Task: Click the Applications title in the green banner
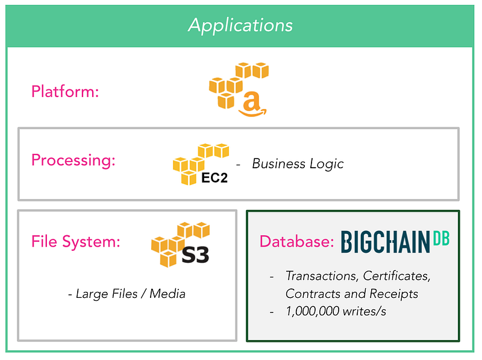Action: pyautogui.click(x=240, y=25)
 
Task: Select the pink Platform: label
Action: pyautogui.click(x=65, y=92)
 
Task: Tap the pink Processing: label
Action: pyautogui.click(x=74, y=160)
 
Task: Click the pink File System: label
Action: pyautogui.click(x=76, y=241)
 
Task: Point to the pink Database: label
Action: pyautogui.click(x=296, y=241)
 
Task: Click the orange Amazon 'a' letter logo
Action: pyautogui.click(x=252, y=104)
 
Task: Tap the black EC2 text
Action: pyautogui.click(x=214, y=178)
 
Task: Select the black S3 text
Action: pyautogui.click(x=195, y=254)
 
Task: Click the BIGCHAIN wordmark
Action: pyautogui.click(x=385, y=242)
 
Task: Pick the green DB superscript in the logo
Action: pyautogui.click(x=442, y=238)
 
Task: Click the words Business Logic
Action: pyautogui.click(x=298, y=163)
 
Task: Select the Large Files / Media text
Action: pyautogui.click(x=127, y=294)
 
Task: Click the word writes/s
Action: pyautogui.click(x=365, y=311)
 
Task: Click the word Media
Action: pyautogui.click(x=167, y=294)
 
